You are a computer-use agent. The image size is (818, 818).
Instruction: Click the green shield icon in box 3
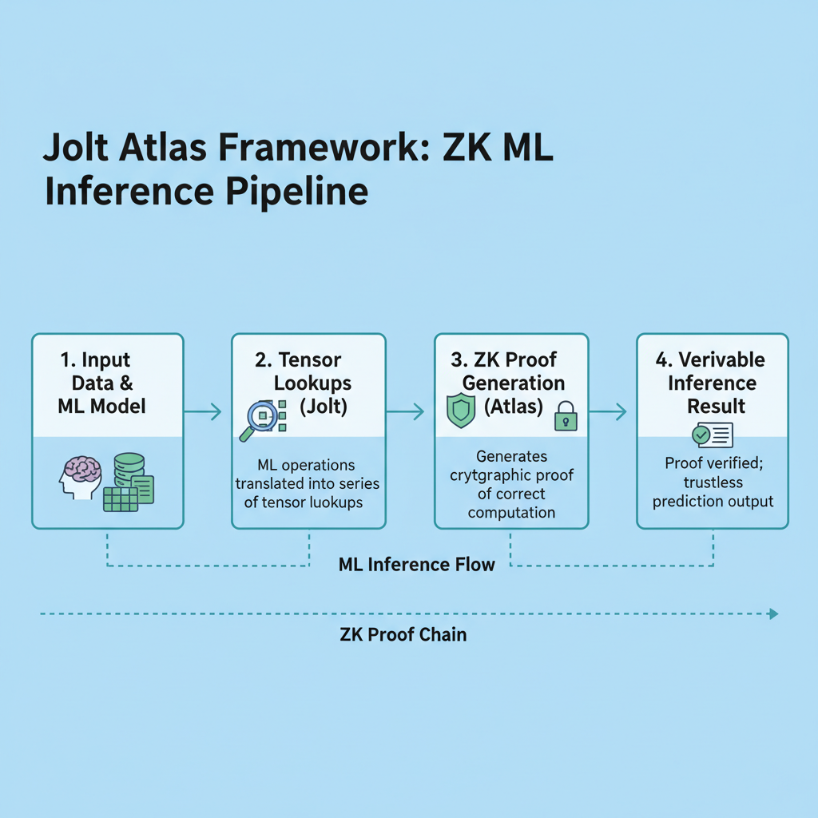[460, 411]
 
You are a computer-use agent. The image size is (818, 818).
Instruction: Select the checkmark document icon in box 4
[712, 435]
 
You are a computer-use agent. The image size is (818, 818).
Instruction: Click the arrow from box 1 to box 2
[203, 412]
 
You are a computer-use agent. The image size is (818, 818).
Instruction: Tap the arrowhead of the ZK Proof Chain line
[772, 614]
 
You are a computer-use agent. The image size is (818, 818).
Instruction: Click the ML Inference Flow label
[416, 566]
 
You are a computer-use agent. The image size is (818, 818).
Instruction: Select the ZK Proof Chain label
[403, 635]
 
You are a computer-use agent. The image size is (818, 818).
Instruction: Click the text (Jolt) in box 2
[324, 406]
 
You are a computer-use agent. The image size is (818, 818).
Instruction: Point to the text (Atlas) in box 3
[514, 406]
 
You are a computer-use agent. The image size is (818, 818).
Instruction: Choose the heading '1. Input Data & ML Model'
[102, 383]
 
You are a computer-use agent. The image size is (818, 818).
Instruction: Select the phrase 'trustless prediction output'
[713, 492]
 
